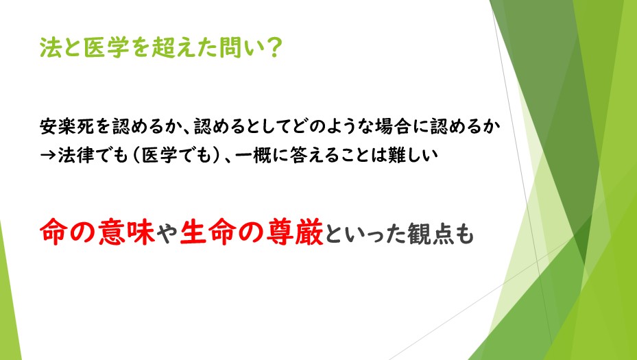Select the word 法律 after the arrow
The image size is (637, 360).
[x=75, y=155]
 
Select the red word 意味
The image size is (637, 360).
[x=126, y=232]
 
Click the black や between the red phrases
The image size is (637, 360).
[x=167, y=233]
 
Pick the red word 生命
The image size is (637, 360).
[x=207, y=232]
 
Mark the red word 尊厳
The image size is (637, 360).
[x=295, y=232]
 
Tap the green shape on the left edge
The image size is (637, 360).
[x=8, y=300]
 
